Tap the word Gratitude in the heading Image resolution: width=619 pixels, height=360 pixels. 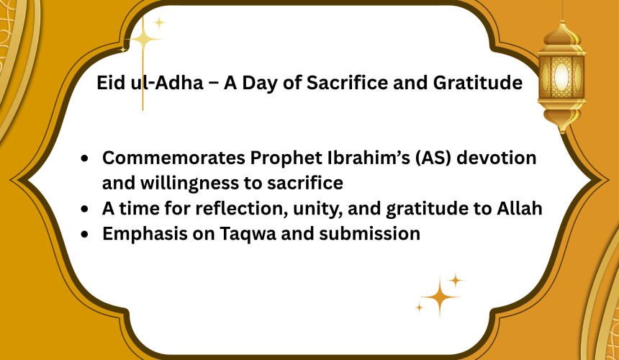pyautogui.click(x=478, y=83)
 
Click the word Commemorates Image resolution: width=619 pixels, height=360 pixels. pyautogui.click(x=173, y=158)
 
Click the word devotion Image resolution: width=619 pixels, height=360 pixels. pyautogui.click(x=496, y=158)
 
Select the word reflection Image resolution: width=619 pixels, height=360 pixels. pyautogui.click(x=242, y=208)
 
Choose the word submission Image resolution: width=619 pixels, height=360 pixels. pyautogui.click(x=369, y=234)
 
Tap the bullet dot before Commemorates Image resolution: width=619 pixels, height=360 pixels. pyautogui.click(x=84, y=158)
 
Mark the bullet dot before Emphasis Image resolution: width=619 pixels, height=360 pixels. pyautogui.click(x=84, y=235)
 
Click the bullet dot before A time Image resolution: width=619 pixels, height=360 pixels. pyautogui.click(x=84, y=210)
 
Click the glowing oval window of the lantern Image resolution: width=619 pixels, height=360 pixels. pyautogui.click(x=561, y=77)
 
